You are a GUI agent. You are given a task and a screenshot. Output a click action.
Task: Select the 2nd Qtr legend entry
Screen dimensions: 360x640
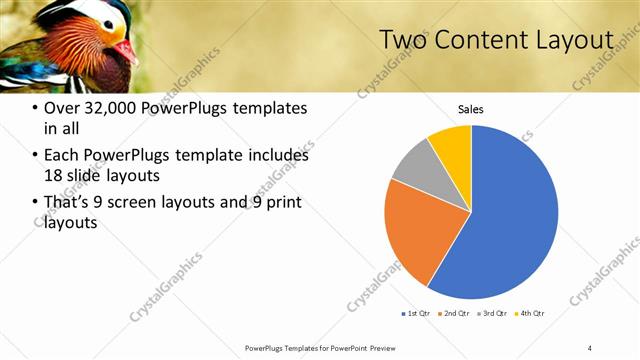click(x=455, y=314)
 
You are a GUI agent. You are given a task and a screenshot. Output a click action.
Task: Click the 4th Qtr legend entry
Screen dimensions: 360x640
click(x=529, y=314)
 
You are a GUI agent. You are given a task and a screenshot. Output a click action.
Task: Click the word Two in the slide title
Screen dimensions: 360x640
click(x=404, y=40)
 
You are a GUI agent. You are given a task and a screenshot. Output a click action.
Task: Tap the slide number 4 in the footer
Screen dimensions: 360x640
click(x=589, y=347)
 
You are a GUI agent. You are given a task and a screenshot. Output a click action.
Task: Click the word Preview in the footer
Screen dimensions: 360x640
click(x=364, y=347)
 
